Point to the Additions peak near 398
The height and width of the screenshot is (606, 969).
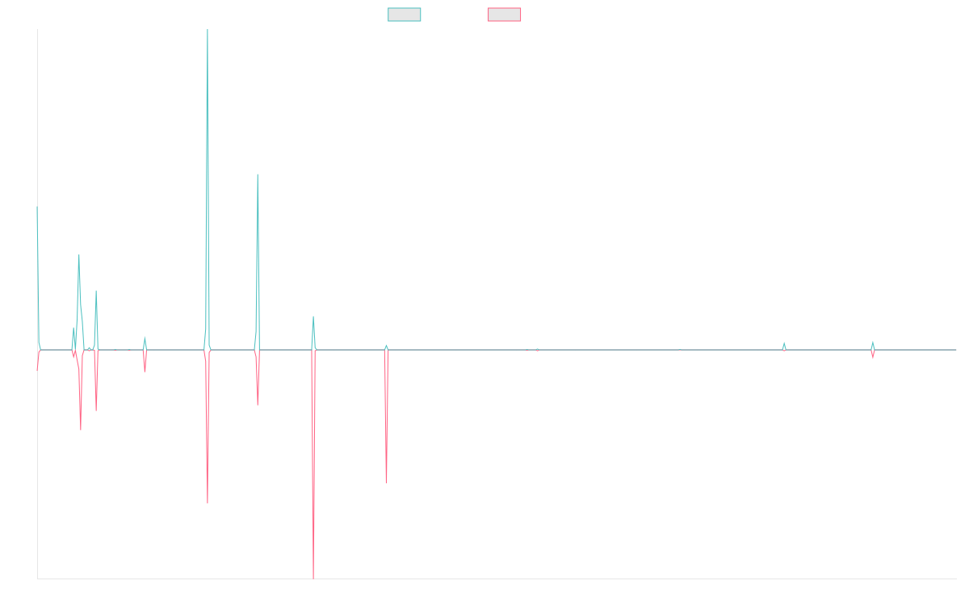coord(258,175)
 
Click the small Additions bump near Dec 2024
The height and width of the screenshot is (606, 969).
coord(873,342)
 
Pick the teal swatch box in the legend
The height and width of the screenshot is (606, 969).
coord(405,15)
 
